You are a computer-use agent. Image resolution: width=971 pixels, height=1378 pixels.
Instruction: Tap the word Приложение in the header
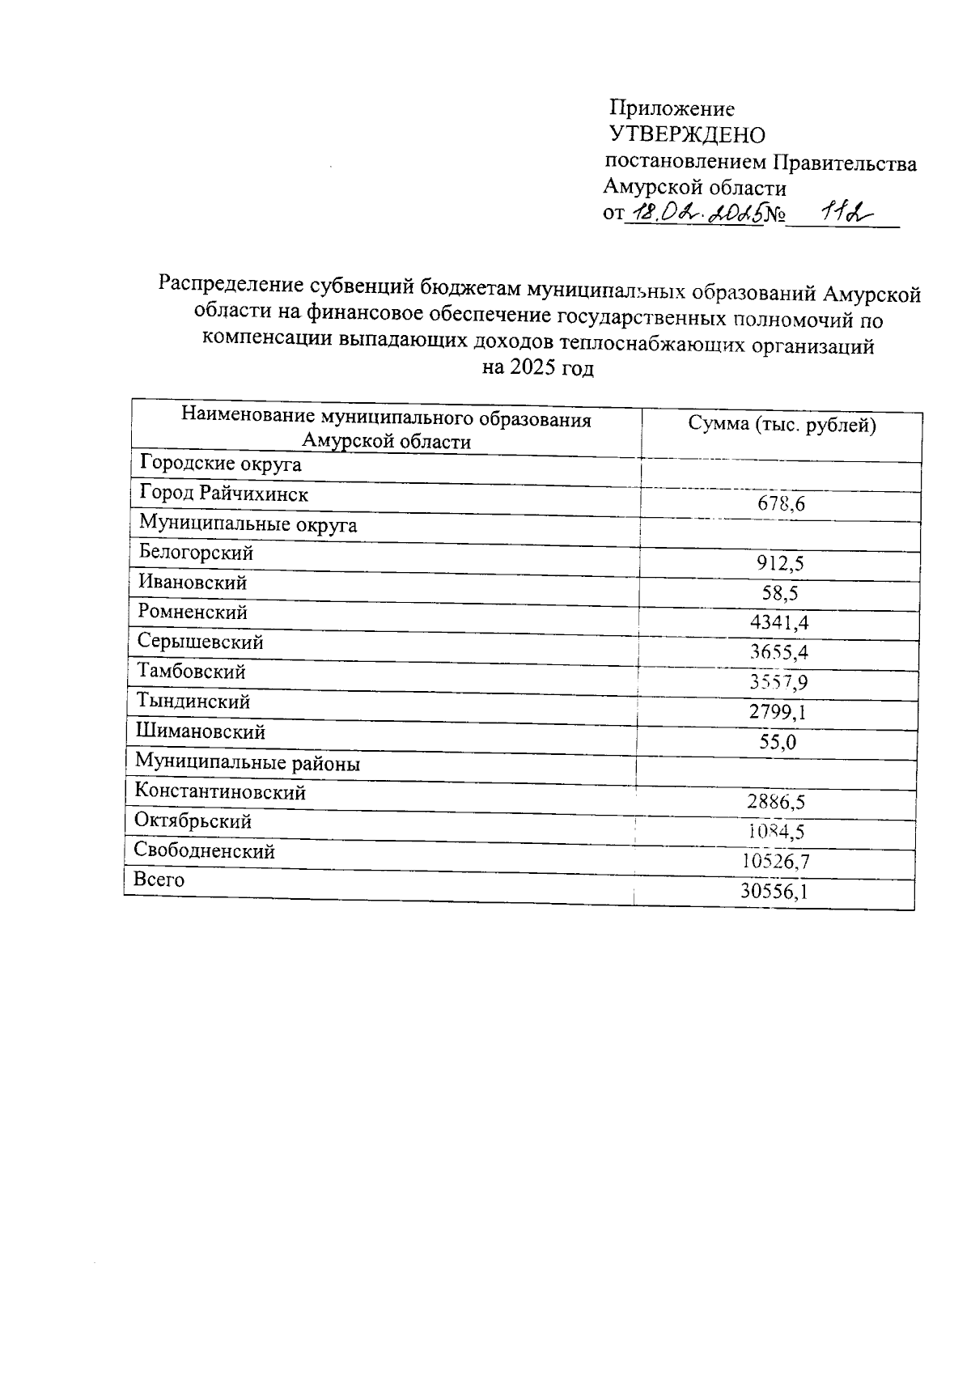pyautogui.click(x=672, y=108)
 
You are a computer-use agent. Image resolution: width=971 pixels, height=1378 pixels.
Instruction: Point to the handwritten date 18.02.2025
pyautogui.click(x=695, y=214)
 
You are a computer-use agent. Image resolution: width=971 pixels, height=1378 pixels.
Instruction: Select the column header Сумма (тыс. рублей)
pyautogui.click(x=782, y=425)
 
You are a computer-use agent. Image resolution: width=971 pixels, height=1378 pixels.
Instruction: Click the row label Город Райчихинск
pyautogui.click(x=223, y=493)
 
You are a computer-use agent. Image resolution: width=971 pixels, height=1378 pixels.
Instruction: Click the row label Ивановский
pyautogui.click(x=193, y=583)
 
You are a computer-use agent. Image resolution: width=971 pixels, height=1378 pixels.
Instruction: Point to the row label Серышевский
pyautogui.click(x=200, y=642)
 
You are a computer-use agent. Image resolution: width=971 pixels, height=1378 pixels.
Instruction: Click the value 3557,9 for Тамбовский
pyautogui.click(x=778, y=682)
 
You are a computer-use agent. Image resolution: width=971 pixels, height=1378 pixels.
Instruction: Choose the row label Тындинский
pyautogui.click(x=193, y=701)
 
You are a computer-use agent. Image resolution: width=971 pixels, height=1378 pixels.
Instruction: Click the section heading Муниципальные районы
pyautogui.click(x=248, y=763)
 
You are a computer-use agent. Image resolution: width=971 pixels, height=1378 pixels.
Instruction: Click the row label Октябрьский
pyautogui.click(x=193, y=821)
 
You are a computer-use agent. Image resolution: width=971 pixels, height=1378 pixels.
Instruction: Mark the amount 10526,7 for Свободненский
pyautogui.click(x=775, y=862)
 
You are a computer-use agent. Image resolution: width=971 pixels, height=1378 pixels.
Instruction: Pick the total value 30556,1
pyautogui.click(x=774, y=892)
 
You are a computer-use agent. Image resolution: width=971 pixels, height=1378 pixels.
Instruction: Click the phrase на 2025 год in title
pyautogui.click(x=537, y=368)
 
